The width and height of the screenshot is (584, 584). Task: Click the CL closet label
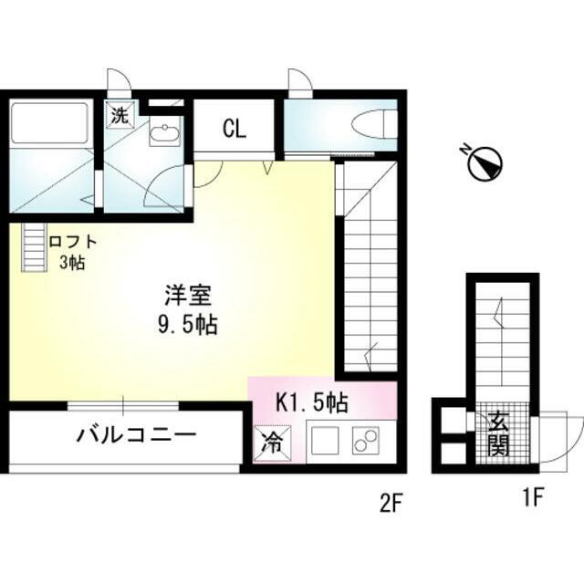[235, 129]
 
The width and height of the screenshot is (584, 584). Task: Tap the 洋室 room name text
[188, 296]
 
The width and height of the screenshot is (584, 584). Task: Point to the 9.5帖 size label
[188, 324]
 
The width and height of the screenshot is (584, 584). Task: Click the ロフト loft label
[74, 243]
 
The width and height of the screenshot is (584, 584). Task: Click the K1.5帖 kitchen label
[313, 400]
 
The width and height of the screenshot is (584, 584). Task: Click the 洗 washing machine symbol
[120, 116]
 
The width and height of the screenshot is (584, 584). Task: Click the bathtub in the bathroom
[51, 124]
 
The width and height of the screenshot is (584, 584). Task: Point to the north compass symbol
[485, 163]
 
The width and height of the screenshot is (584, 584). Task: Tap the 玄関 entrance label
[498, 433]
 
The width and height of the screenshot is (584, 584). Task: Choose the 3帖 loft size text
[74, 264]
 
